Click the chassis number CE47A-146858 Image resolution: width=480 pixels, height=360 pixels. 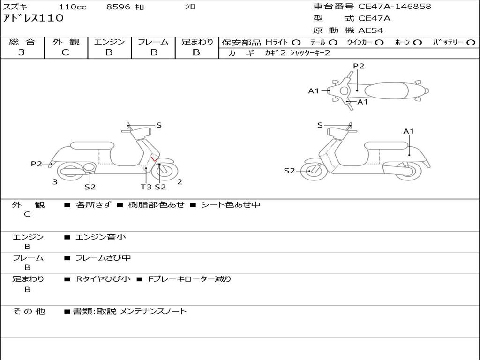point(395,7)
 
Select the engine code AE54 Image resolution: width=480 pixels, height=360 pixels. point(371,30)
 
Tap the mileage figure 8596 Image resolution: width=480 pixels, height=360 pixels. point(119,7)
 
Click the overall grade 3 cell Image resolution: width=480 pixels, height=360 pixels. point(22,52)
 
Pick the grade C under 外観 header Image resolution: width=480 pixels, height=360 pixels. point(66,52)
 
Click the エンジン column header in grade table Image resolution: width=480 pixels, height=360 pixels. point(109,42)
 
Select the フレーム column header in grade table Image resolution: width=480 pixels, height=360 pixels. point(153,42)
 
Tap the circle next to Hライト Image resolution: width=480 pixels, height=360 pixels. point(296,42)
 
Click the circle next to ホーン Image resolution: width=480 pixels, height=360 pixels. point(417,42)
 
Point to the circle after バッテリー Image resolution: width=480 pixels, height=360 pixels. point(471,42)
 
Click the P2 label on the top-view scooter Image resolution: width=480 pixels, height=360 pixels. point(359,66)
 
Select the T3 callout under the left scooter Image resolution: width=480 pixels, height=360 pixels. point(146,187)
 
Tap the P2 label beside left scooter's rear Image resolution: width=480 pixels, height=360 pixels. point(36,164)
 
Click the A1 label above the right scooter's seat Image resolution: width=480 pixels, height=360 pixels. point(409,131)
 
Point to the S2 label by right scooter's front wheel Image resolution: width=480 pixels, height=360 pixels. point(290,171)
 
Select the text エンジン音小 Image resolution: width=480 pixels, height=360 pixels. point(101,237)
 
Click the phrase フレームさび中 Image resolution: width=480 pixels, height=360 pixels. point(103,258)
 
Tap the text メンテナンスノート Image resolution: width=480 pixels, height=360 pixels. point(153,311)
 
